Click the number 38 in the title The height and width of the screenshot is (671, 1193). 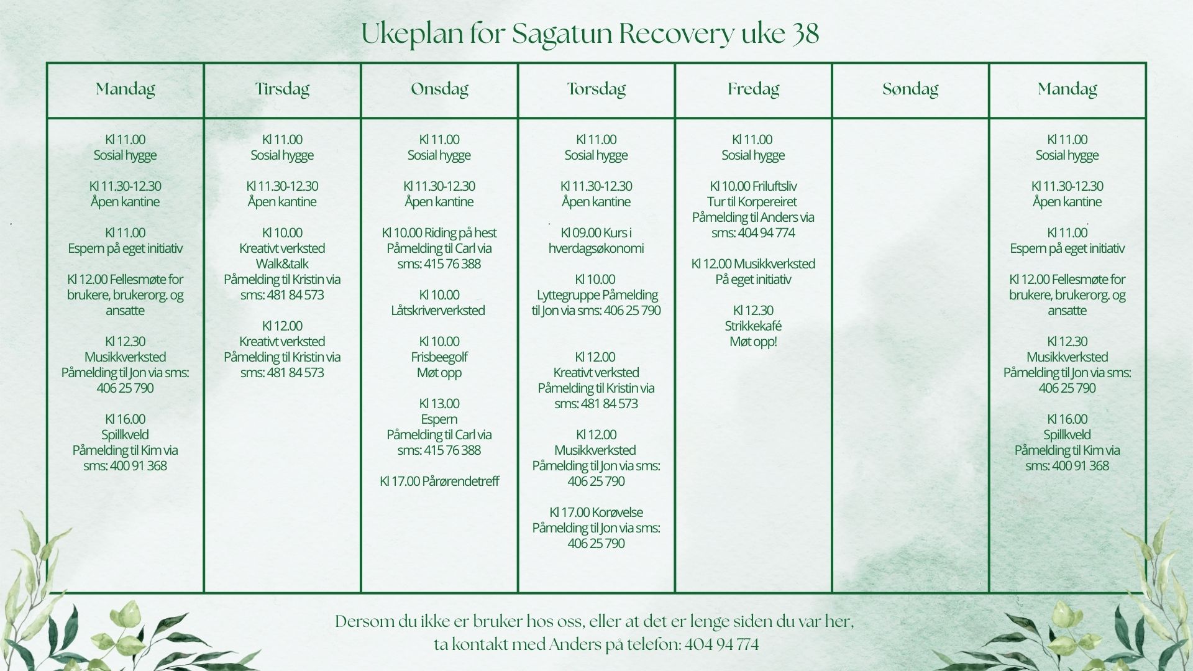[805, 34]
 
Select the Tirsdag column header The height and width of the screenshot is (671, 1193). [282, 89]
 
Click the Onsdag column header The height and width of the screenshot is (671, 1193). [439, 89]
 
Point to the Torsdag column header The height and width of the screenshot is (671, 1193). [596, 89]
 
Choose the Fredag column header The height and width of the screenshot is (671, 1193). [753, 89]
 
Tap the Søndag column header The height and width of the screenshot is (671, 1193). [910, 89]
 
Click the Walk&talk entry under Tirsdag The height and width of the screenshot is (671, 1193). [282, 263]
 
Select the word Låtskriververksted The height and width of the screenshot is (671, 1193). [438, 310]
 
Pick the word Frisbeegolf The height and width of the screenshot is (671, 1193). [439, 357]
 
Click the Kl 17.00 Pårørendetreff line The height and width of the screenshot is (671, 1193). [439, 481]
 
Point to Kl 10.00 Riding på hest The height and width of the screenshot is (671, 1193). [439, 233]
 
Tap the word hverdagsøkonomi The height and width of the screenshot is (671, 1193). [596, 249]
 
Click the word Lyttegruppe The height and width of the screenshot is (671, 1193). [567, 295]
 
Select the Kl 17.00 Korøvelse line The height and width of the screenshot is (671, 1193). [596, 512]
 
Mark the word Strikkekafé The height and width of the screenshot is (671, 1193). [753, 326]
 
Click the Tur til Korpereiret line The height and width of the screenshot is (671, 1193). [752, 202]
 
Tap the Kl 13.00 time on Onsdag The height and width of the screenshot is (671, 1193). [439, 403]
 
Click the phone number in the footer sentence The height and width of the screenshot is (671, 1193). [721, 645]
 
